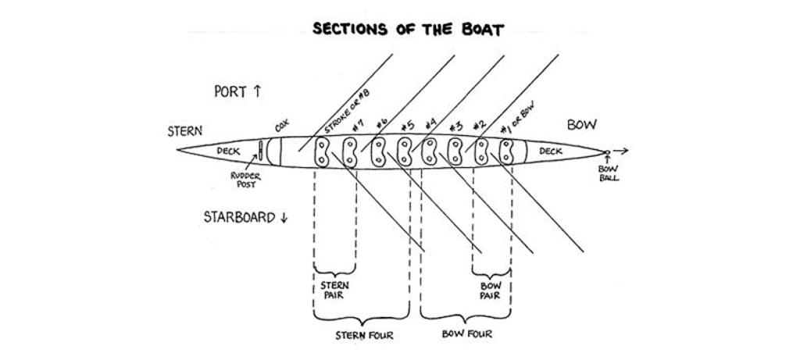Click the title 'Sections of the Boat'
[x=408, y=30]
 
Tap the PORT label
[x=237, y=91]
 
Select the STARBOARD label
[x=245, y=217]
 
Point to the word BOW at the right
[x=581, y=125]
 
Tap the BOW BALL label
[x=609, y=173]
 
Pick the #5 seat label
[x=406, y=125]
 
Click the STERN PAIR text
[x=334, y=290]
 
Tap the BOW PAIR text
[x=490, y=290]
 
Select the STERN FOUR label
[x=364, y=336]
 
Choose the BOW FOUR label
[x=467, y=335]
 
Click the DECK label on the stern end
[x=228, y=150]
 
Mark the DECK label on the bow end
[x=550, y=151]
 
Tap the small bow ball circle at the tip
[x=607, y=152]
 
